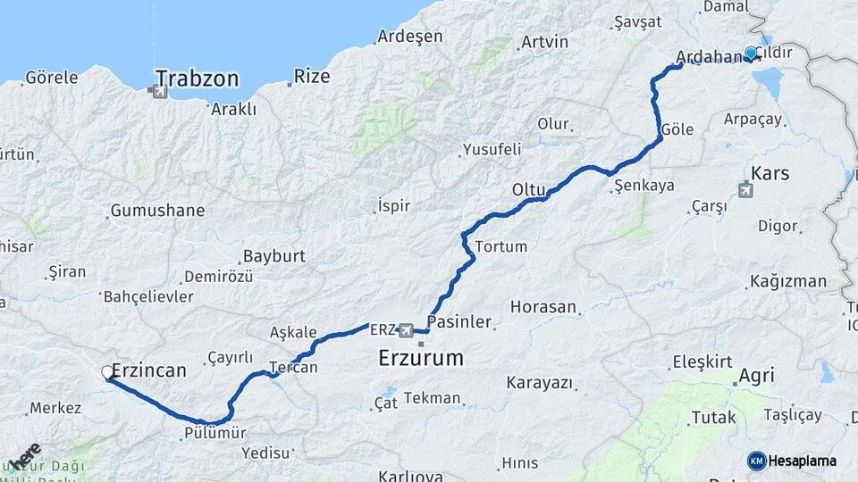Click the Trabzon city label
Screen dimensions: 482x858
click(x=197, y=79)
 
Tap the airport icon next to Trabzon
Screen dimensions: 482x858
click(x=159, y=89)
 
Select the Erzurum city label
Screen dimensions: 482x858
click(x=420, y=359)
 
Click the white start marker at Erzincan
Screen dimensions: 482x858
click(x=107, y=372)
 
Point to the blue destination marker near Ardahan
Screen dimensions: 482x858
click(x=751, y=54)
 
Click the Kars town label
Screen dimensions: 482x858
click(x=770, y=172)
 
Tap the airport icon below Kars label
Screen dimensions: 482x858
click(x=745, y=189)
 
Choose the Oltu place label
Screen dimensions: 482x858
click(x=528, y=189)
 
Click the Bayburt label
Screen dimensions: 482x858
click(x=273, y=256)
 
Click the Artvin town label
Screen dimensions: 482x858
click(x=544, y=42)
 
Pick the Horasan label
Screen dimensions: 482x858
click(x=543, y=306)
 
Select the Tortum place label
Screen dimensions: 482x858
click(x=501, y=246)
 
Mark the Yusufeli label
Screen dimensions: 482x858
click(x=492, y=149)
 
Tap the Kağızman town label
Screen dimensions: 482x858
click(x=788, y=281)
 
